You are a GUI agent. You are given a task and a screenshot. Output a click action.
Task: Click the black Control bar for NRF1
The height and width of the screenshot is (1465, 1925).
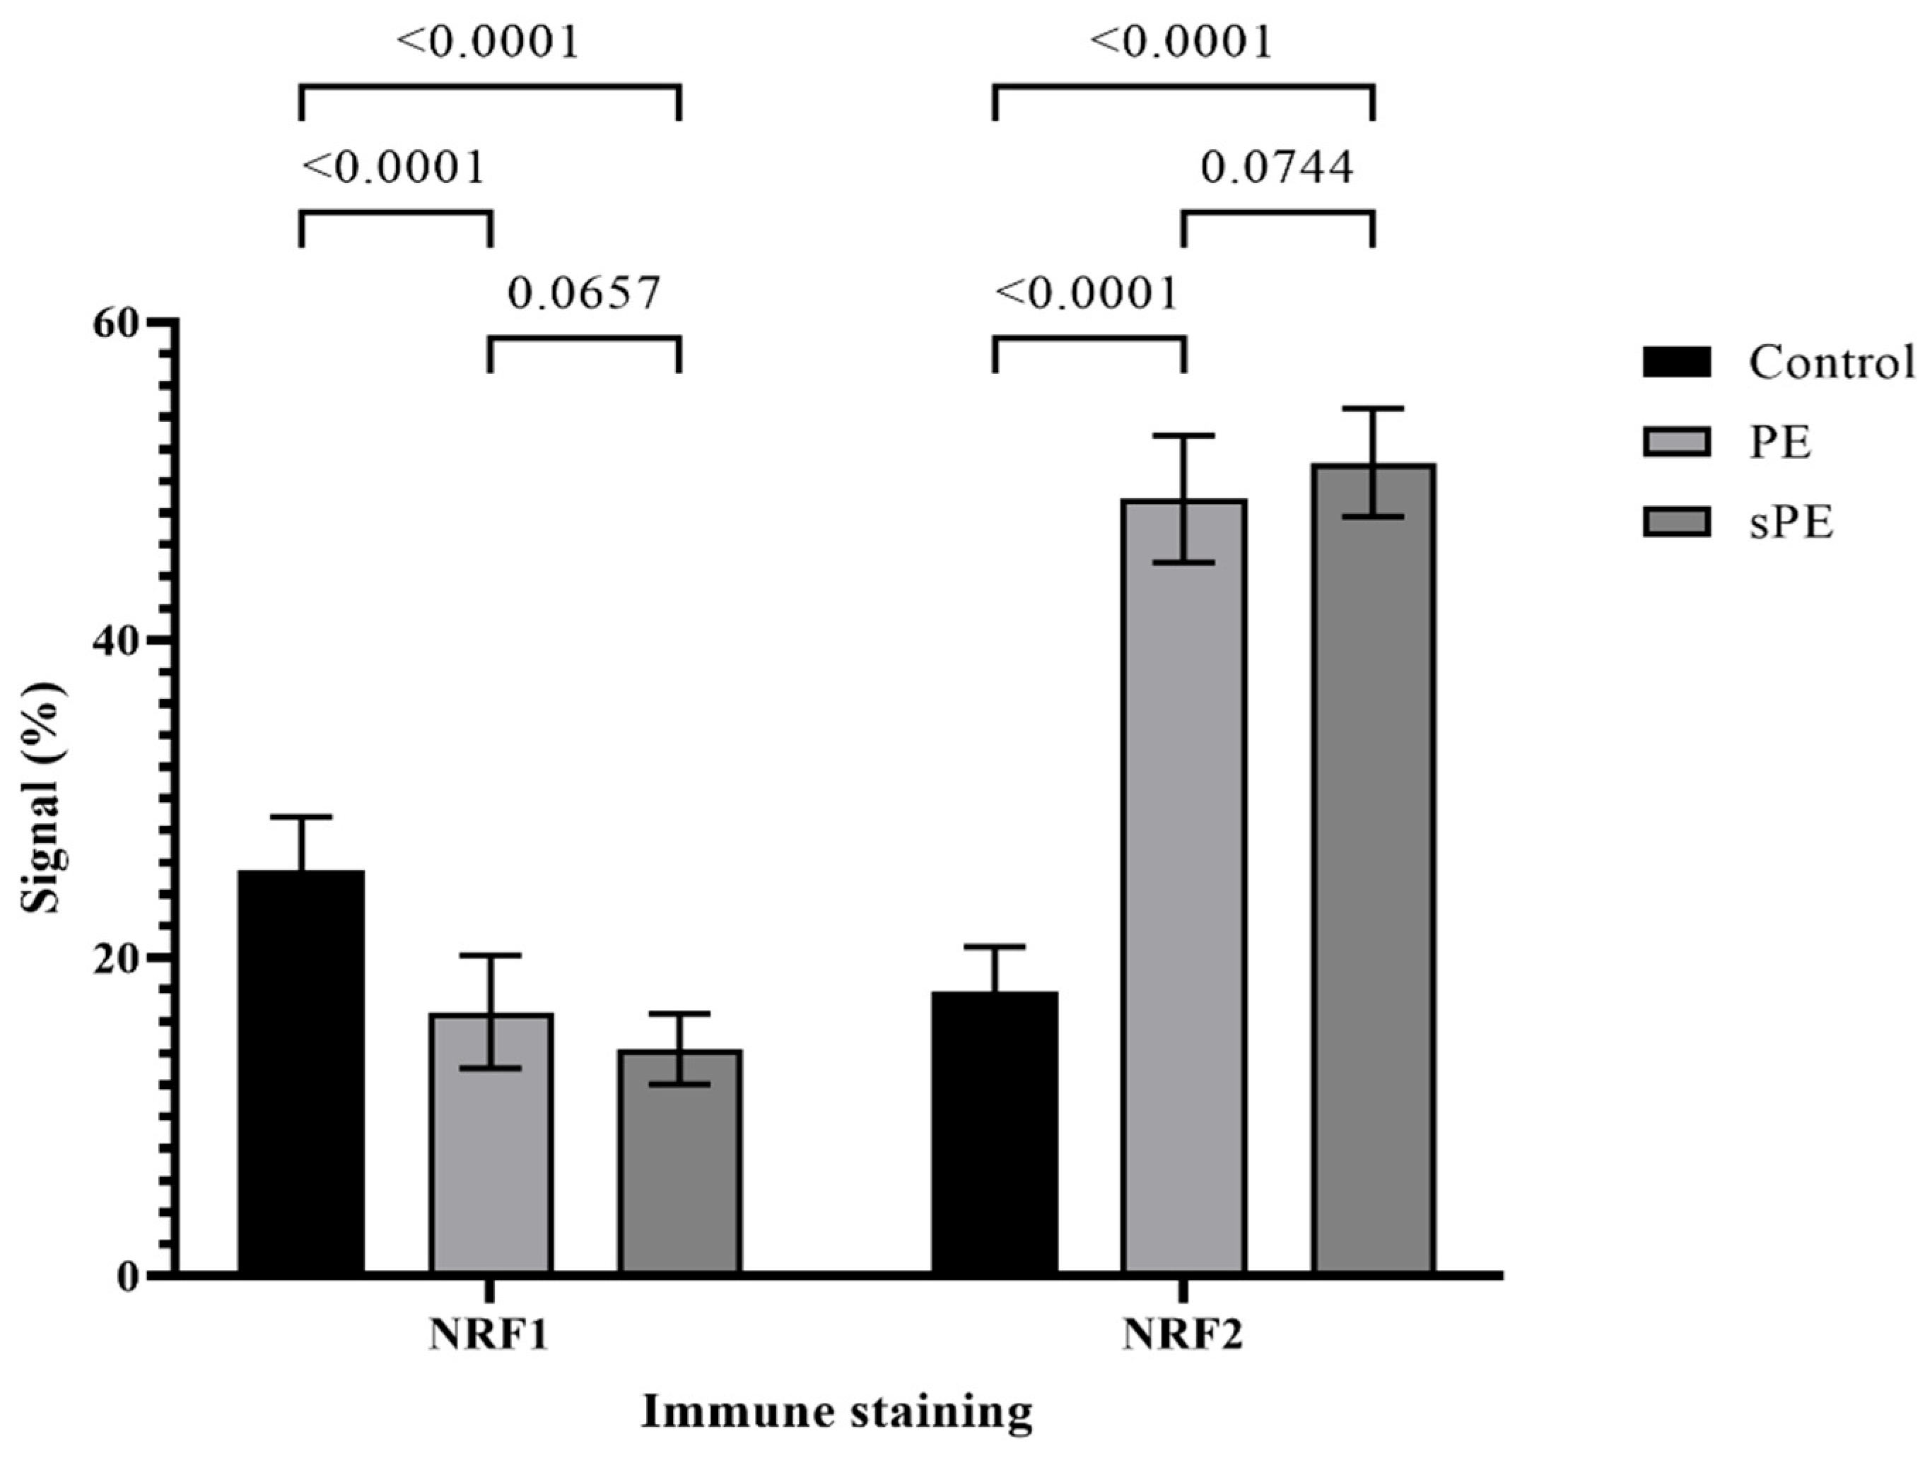pos(301,1073)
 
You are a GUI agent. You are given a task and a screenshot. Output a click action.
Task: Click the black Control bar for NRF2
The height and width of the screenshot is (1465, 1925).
pos(995,1134)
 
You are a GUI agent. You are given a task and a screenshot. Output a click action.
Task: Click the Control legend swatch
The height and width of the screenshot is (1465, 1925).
pos(1675,362)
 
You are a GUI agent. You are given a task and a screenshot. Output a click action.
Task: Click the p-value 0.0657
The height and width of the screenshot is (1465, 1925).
pos(585,294)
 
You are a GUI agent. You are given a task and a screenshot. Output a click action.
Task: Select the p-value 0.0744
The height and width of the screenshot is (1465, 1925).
pos(1278,167)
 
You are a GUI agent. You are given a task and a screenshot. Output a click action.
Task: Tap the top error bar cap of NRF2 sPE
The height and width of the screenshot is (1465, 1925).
pos(1374,408)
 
